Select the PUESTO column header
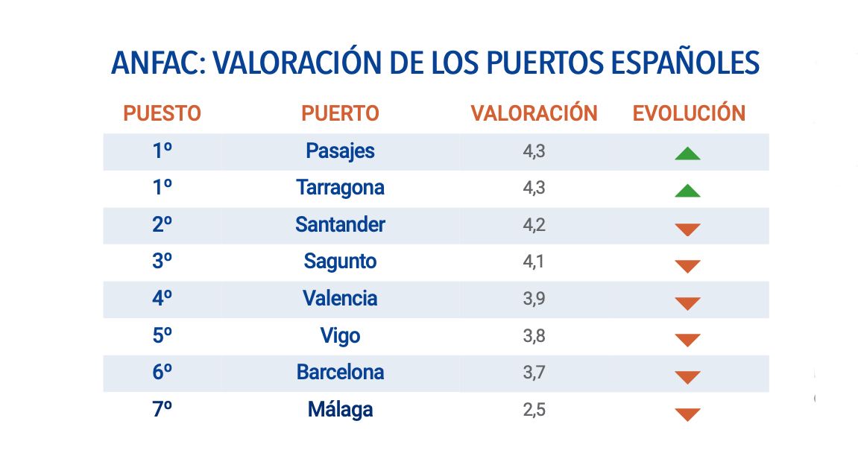click(x=162, y=113)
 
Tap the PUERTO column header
click(x=340, y=113)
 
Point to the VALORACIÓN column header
click(x=534, y=113)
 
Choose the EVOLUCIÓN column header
click(x=689, y=113)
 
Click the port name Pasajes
click(x=340, y=151)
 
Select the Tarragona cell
click(x=340, y=188)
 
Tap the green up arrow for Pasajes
click(x=687, y=154)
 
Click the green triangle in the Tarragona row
click(x=687, y=191)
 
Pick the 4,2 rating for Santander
click(x=534, y=225)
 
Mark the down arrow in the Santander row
click(x=687, y=229)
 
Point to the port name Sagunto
click(x=340, y=262)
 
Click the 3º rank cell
click(x=162, y=262)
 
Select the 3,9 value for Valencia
click(x=534, y=299)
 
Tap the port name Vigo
click(x=340, y=336)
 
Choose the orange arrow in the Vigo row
click(x=687, y=341)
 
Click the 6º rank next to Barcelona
click(x=162, y=373)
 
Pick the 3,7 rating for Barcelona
click(x=534, y=373)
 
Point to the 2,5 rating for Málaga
click(x=534, y=410)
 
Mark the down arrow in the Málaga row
click(x=687, y=414)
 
